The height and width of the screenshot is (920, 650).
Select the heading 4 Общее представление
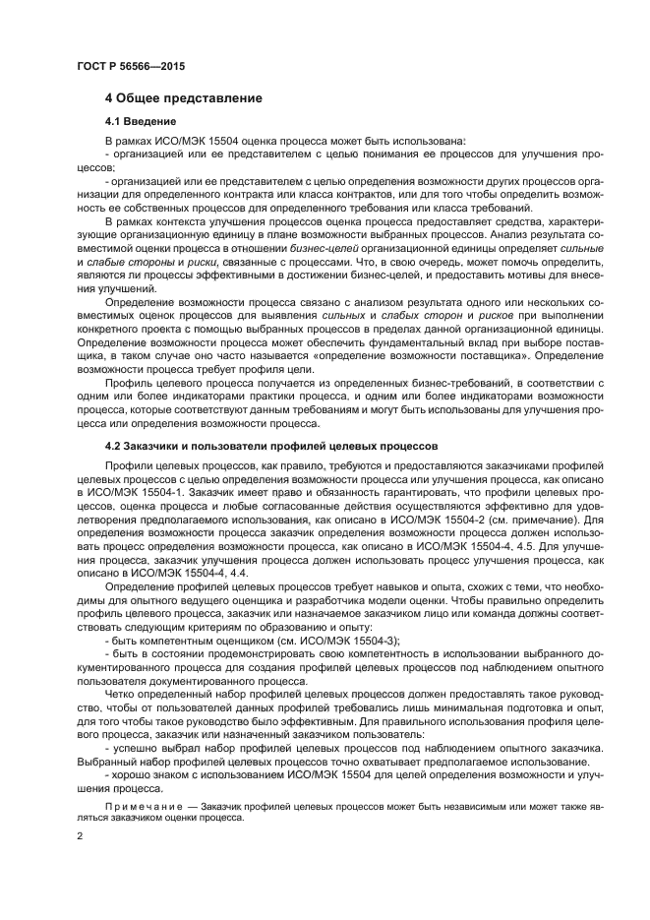[x=182, y=98]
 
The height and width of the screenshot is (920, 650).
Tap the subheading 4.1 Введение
[x=141, y=122]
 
